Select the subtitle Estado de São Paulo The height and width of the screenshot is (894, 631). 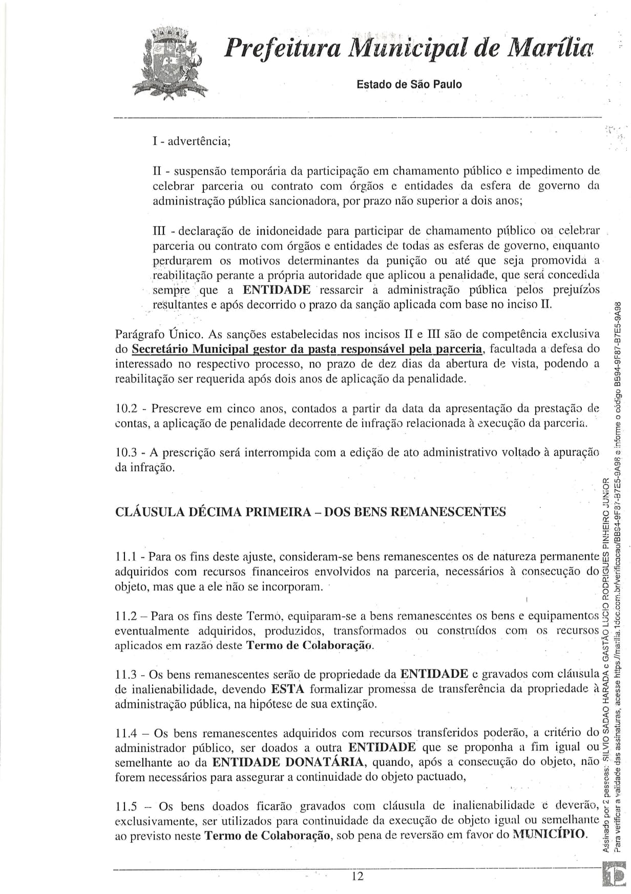(x=409, y=85)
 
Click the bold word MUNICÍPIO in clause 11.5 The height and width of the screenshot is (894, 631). (x=548, y=834)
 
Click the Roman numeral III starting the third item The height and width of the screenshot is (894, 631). (x=161, y=231)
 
